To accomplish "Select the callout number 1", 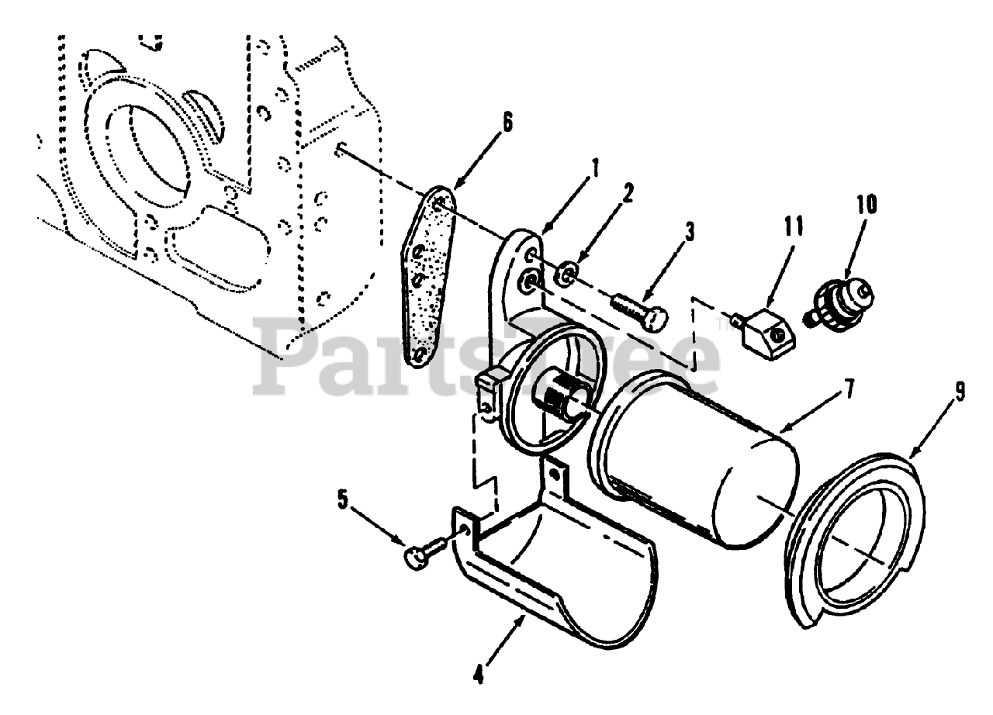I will (595, 165).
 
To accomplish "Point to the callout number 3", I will (690, 231).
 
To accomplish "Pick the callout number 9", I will (960, 394).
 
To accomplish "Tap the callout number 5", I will (342, 501).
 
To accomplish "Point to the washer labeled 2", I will (567, 273).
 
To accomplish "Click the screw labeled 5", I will (425, 551).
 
